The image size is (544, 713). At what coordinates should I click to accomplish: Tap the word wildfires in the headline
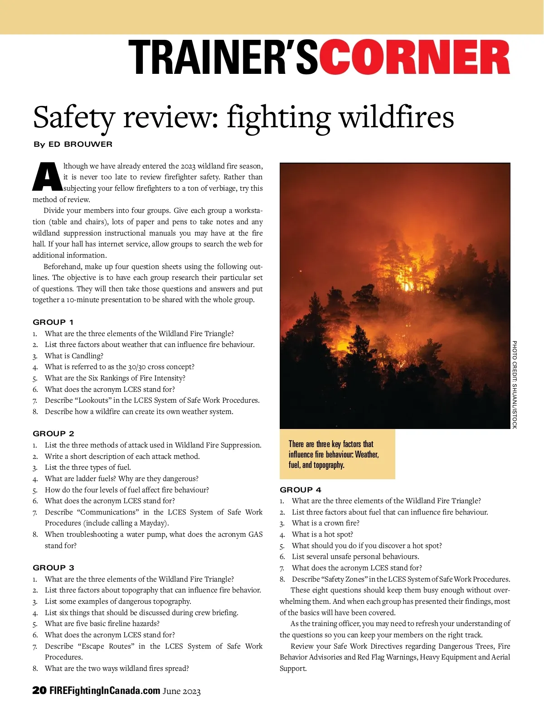397,117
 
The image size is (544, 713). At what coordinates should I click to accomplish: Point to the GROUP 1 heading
53,322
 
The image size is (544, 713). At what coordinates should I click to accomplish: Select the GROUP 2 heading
53,434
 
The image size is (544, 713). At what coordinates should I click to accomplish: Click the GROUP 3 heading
53,568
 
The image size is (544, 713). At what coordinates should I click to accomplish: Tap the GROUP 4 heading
301,490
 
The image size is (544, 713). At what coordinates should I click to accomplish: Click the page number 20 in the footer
39,690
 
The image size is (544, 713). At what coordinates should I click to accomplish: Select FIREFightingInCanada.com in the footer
105,690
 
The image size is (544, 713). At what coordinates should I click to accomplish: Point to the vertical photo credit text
515,385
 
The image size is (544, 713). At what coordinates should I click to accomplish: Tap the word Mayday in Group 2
152,523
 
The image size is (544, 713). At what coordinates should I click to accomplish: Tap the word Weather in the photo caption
366,454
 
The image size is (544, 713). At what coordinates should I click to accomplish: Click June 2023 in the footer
181,691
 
